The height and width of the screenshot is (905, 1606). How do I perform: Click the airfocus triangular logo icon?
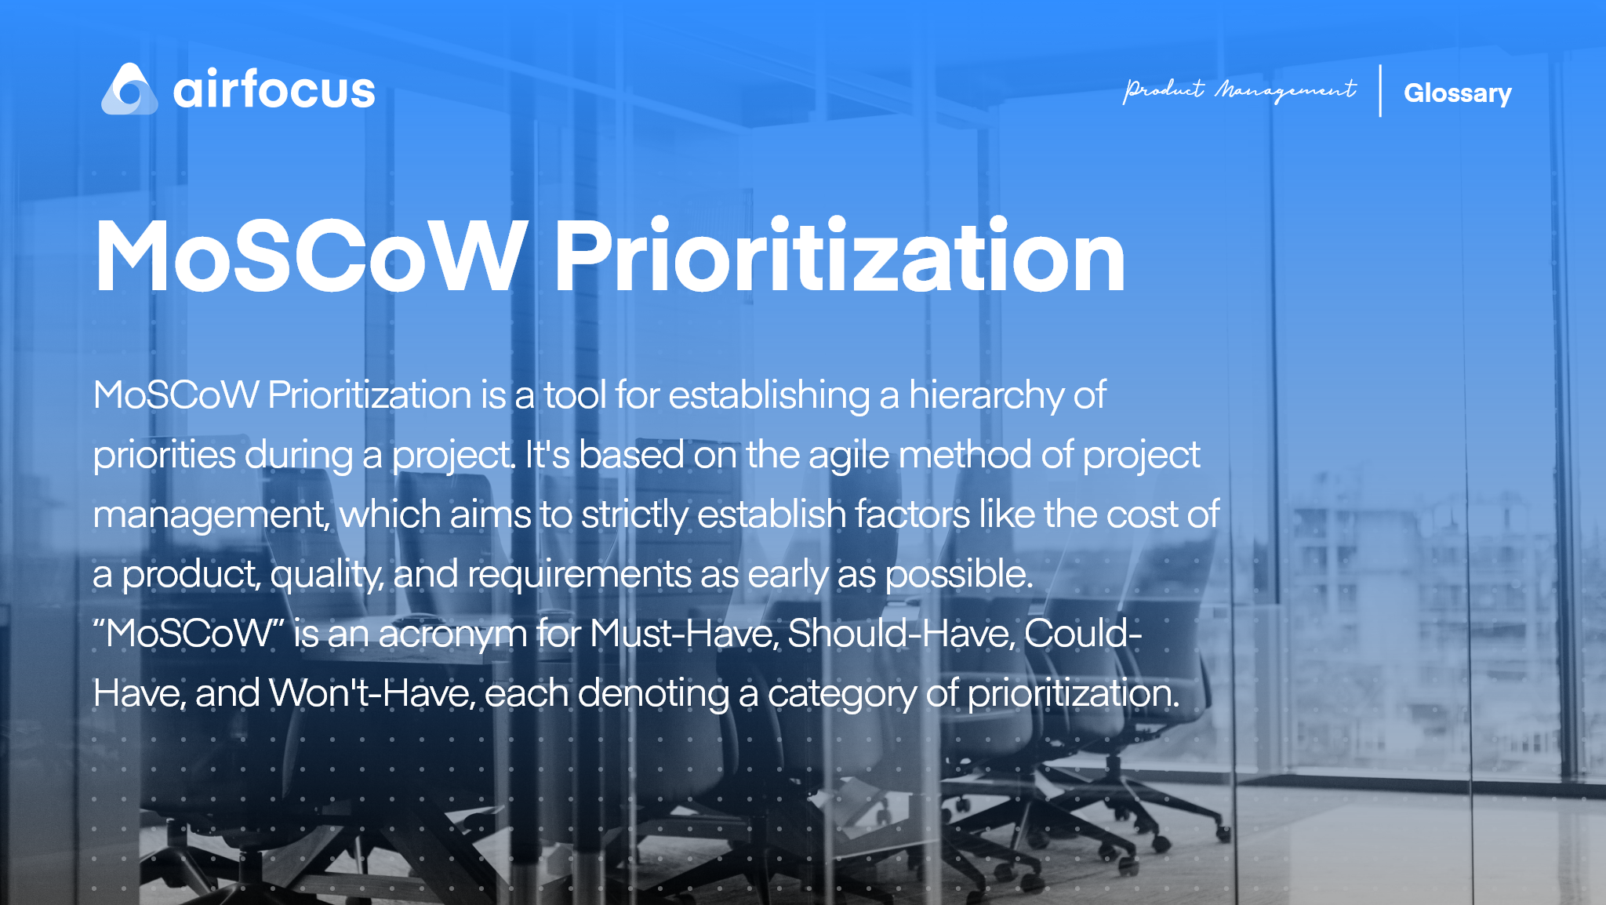pyautogui.click(x=129, y=90)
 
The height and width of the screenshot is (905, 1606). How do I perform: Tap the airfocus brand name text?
pyautogui.click(x=274, y=90)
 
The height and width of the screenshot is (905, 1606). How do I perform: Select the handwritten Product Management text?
pyautogui.click(x=1239, y=91)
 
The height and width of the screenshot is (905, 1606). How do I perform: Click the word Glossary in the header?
pyautogui.click(x=1457, y=93)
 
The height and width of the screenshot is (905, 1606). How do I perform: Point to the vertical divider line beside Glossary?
pyautogui.click(x=1380, y=91)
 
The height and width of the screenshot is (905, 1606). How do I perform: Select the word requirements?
pyautogui.click(x=579, y=574)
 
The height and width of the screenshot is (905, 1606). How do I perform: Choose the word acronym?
pyautogui.click(x=452, y=634)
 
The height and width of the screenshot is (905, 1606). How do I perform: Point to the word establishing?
pyautogui.click(x=768, y=395)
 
